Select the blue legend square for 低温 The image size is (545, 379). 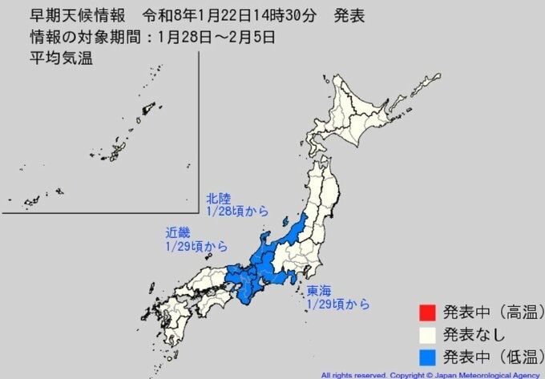426,355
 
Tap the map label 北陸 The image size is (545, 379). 218,199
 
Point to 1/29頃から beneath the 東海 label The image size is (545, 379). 338,304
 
